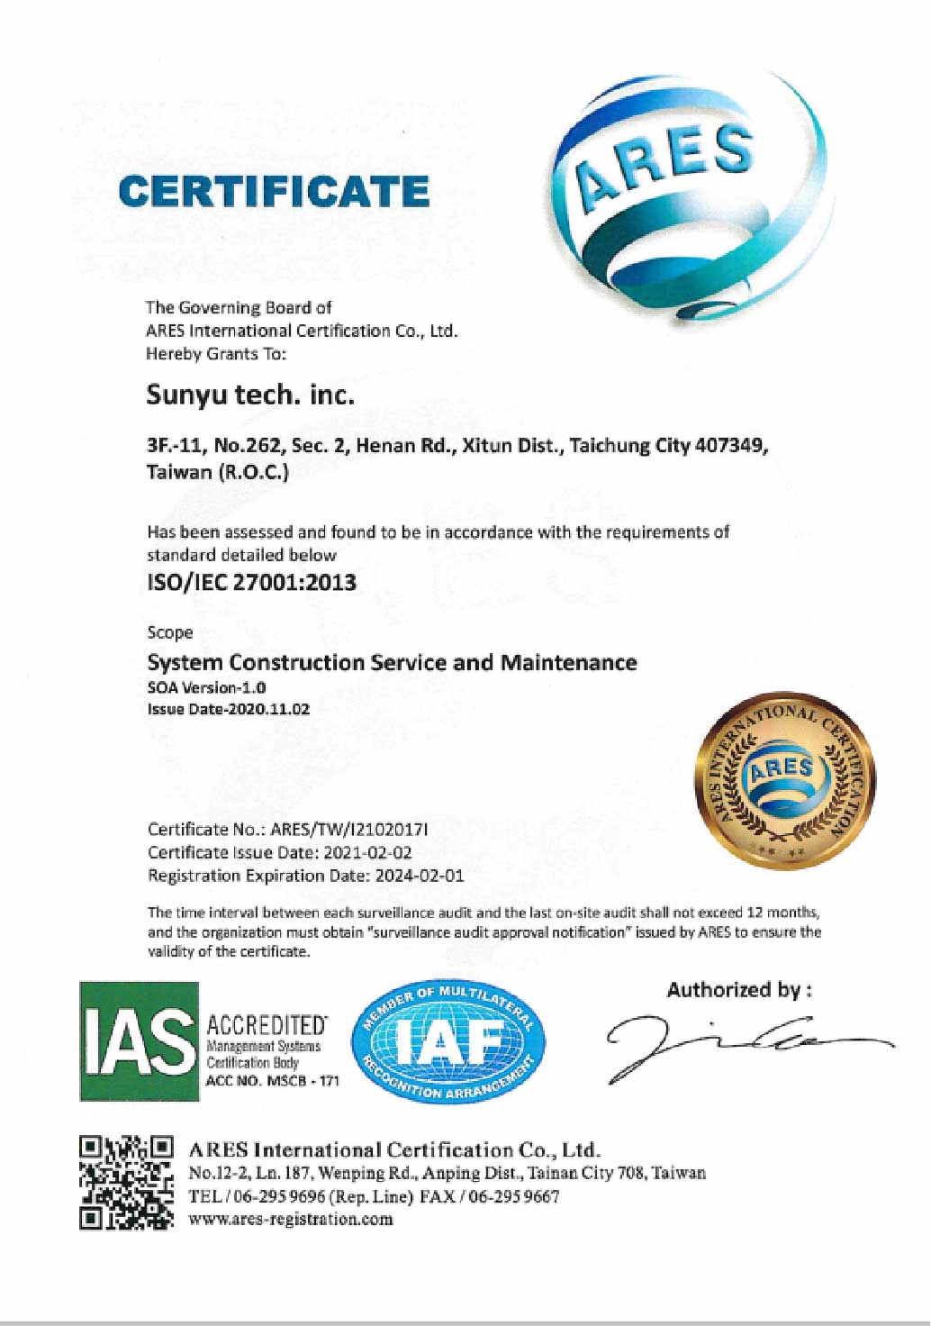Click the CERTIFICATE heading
pyautogui.click(x=274, y=191)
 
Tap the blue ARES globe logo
pyautogui.click(x=684, y=194)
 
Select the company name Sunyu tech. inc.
pyautogui.click(x=250, y=395)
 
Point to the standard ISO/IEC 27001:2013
pyautogui.click(x=251, y=582)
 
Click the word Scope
pyautogui.click(x=169, y=632)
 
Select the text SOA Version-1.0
pyautogui.click(x=206, y=687)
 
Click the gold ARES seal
pyautogui.click(x=782, y=780)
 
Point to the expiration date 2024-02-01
pyautogui.click(x=420, y=876)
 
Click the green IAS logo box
pyautogui.click(x=139, y=1041)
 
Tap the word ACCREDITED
pyautogui.click(x=267, y=1025)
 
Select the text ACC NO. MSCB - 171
pyautogui.click(x=273, y=1080)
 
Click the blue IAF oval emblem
pyautogui.click(x=447, y=1041)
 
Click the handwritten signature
pyautogui.click(x=738, y=1043)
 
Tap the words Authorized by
pyautogui.click(x=738, y=990)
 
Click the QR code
pyautogui.click(x=126, y=1183)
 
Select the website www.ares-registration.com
pyautogui.click(x=291, y=1219)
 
